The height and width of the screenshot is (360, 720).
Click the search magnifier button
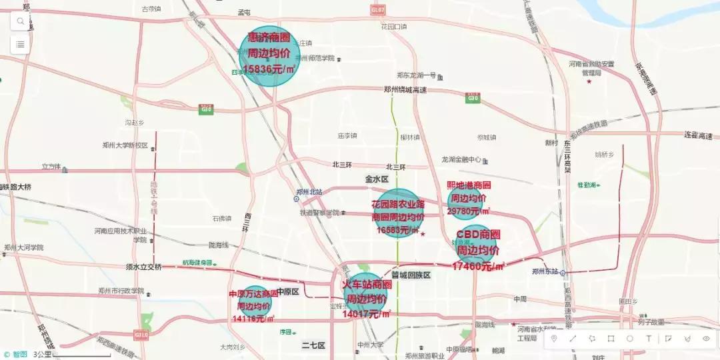coord(21,21)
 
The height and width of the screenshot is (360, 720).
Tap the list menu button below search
coord(21,44)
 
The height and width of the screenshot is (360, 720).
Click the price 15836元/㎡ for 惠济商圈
coord(269,69)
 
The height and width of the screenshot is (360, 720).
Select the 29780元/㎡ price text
coord(469,211)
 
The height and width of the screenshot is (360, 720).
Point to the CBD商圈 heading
coord(478,235)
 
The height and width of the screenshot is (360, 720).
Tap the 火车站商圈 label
coord(367,285)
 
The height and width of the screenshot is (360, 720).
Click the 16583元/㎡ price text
coord(398,230)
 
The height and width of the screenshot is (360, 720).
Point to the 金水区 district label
coord(376,179)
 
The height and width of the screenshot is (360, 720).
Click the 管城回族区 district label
coord(411,275)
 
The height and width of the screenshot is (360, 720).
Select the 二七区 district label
coord(313,345)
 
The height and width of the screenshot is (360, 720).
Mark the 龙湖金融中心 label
coord(461,160)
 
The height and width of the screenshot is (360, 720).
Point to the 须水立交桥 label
coord(144,267)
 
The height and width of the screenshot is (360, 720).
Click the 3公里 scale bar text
coord(42,354)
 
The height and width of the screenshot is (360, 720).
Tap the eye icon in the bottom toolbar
coord(706,339)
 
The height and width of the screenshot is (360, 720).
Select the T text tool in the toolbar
coord(649,339)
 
